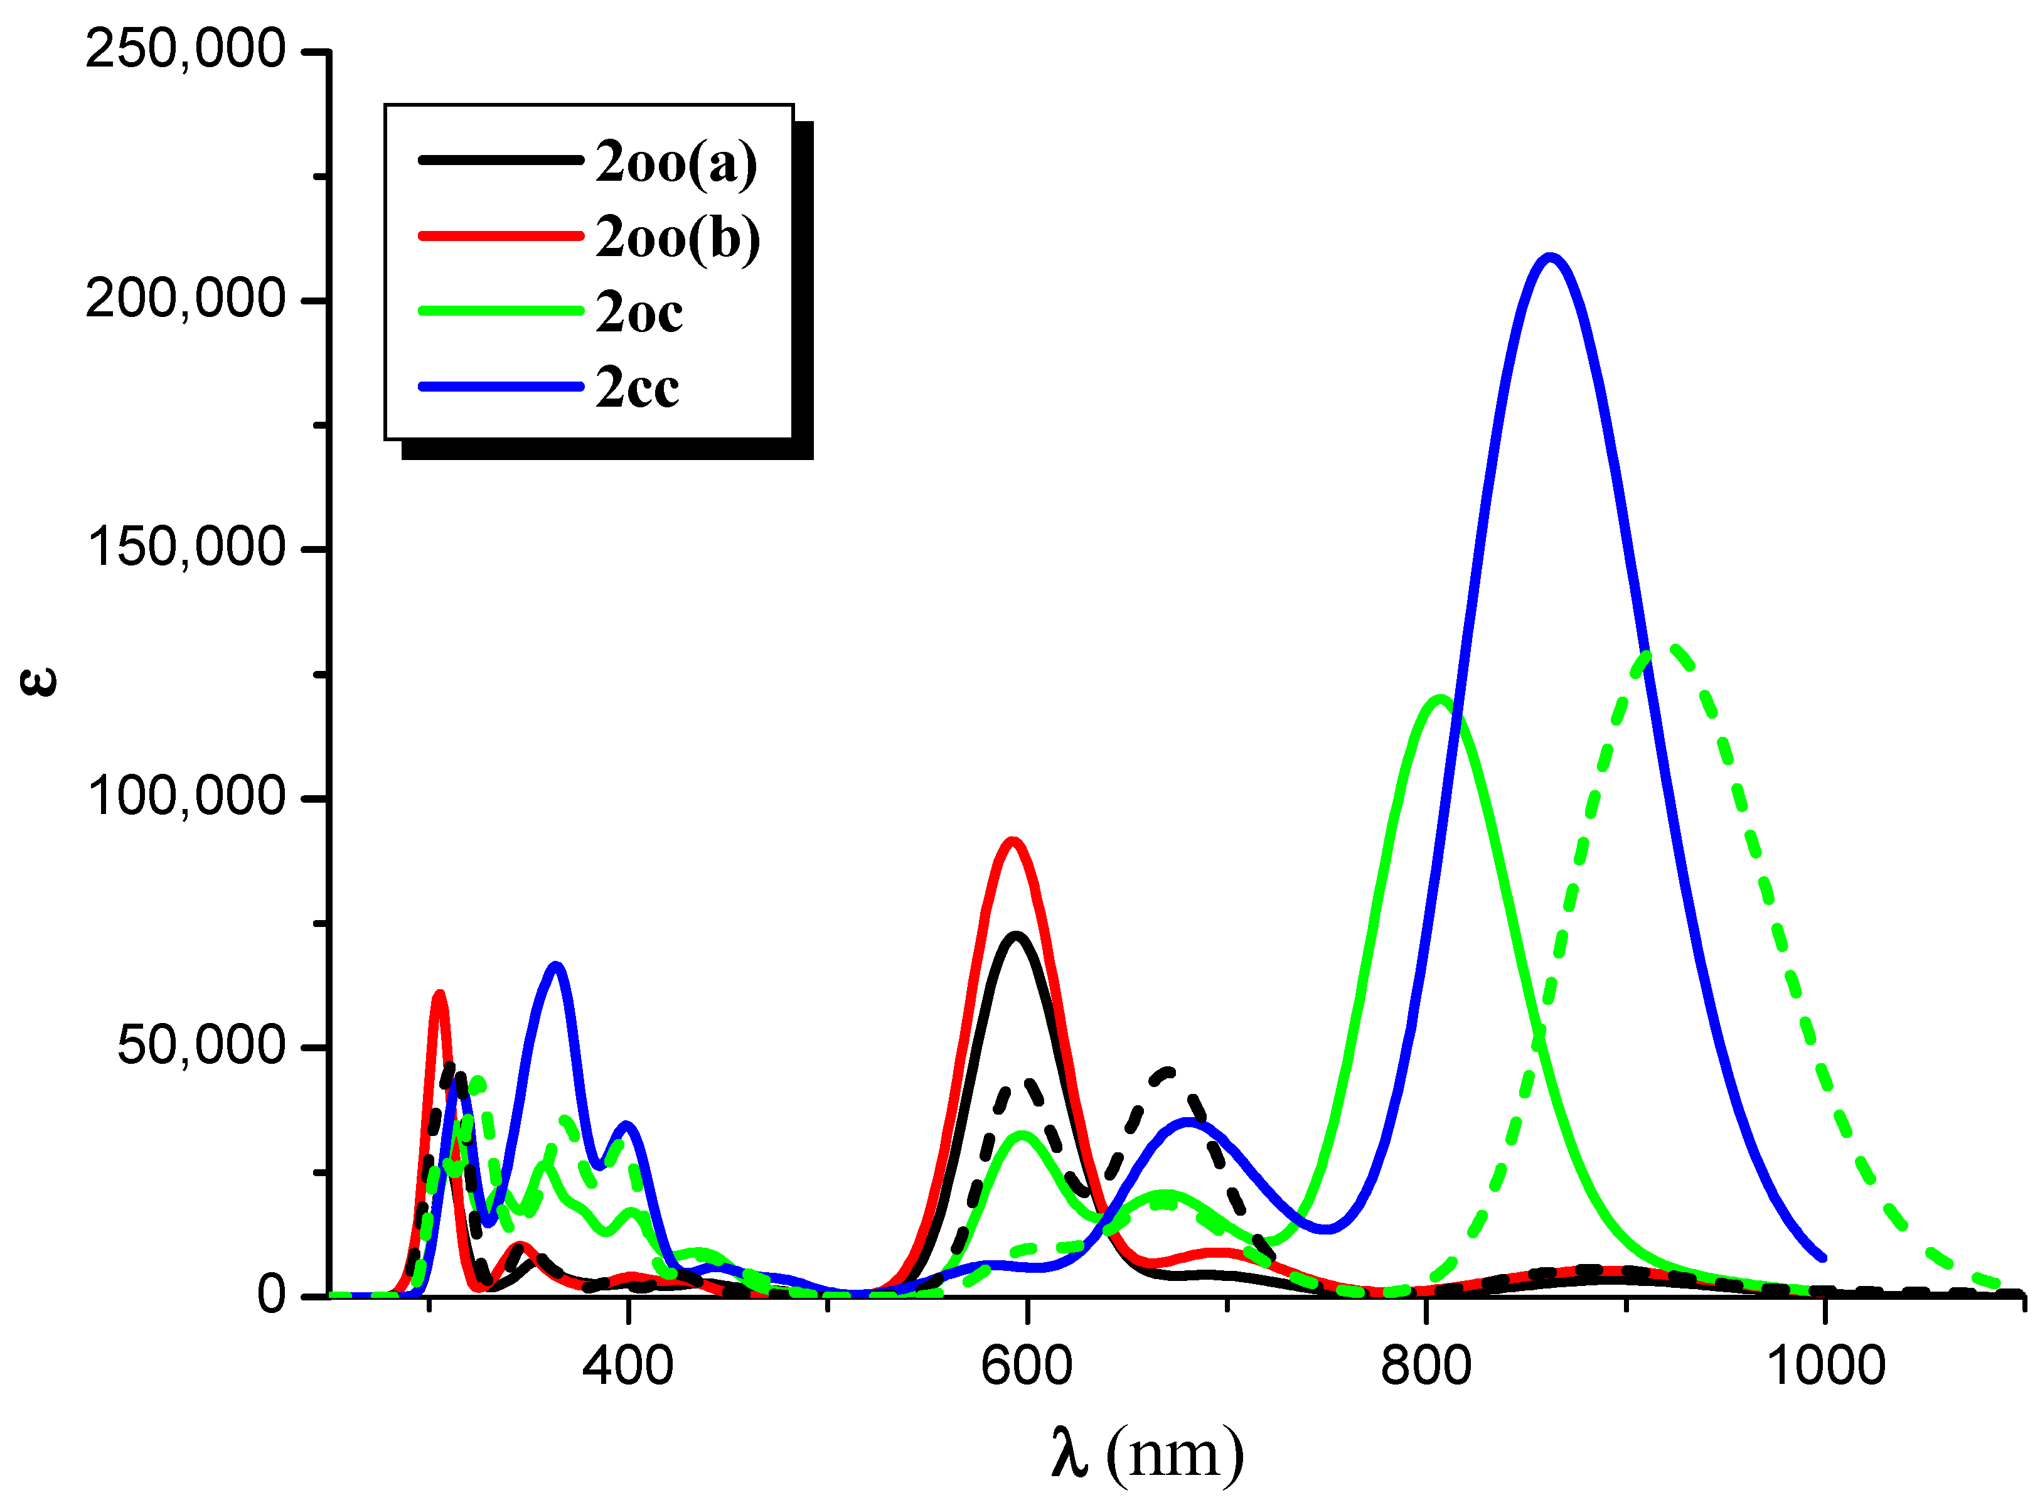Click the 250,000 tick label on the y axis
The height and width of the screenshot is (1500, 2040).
point(185,49)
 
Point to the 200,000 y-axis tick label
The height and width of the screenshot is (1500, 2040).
point(185,299)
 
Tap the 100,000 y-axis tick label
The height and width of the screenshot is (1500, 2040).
point(185,796)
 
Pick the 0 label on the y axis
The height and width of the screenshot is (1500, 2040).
point(270,1295)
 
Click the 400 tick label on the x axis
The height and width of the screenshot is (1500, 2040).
point(627,1366)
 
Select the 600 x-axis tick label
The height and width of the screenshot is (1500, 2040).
point(1026,1366)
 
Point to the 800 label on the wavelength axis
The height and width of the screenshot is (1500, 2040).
point(1426,1366)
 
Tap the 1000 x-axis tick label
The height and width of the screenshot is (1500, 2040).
point(1825,1366)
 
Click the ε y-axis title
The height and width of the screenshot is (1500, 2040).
point(38,681)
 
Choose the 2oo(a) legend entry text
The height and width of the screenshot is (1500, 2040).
point(675,163)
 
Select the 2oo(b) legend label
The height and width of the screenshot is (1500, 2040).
point(677,238)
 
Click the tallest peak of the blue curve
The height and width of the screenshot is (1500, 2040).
point(1550,258)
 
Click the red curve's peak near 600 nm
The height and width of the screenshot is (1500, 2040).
point(1012,841)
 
